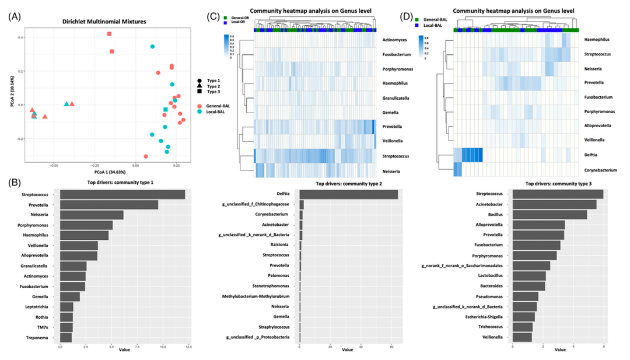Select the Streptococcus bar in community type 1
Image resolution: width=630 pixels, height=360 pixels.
[123, 195]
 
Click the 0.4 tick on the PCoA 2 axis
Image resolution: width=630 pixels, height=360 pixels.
[37, 38]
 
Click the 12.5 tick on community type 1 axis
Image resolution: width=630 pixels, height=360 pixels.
[188, 347]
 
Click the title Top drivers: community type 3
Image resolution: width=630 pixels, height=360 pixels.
[558, 184]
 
